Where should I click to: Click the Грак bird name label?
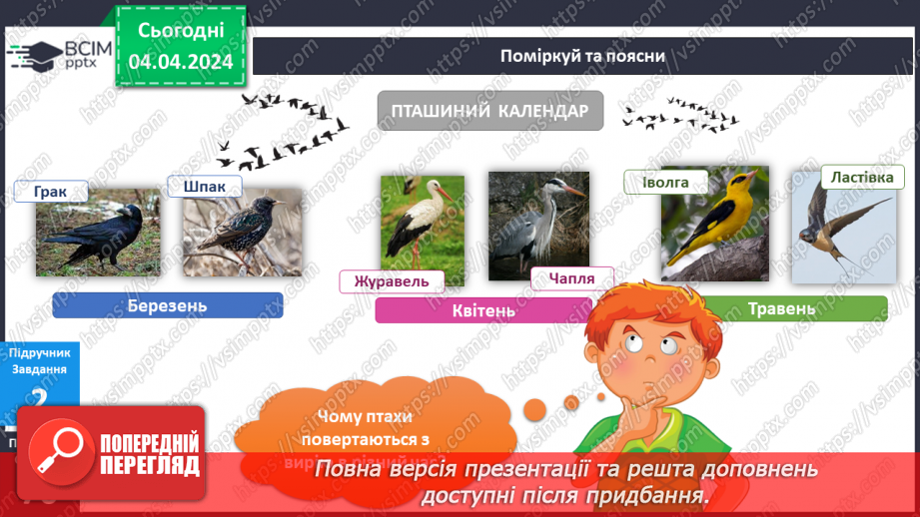coord(51,192)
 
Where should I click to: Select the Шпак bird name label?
coord(205,187)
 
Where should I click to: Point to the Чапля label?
coord(571,278)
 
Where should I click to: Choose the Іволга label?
coord(665,182)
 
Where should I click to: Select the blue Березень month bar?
coord(168,305)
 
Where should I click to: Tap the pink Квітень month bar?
coord(482,310)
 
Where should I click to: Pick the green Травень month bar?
coord(780,308)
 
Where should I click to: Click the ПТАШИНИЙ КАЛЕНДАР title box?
coord(489,111)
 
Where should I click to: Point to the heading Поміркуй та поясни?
coord(582,55)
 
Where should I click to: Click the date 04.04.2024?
coord(181,62)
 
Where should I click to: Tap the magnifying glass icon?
coord(58,451)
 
